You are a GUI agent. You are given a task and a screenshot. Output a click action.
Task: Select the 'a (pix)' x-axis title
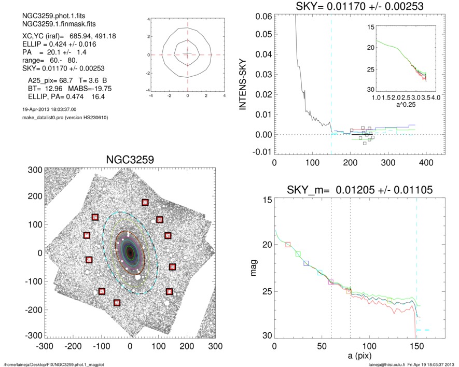pyautogui.click(x=354, y=357)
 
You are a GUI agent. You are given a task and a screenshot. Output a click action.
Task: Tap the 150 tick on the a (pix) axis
pyautogui.click(x=417, y=346)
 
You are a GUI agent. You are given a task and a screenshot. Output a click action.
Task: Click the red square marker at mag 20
pyautogui.click(x=288, y=244)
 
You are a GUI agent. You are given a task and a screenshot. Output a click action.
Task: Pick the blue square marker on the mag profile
pyautogui.click(x=306, y=263)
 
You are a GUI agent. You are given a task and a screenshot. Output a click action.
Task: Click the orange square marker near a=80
pyautogui.click(x=349, y=291)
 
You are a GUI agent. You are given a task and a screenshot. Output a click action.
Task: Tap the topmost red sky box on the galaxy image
pyautogui.click(x=145, y=202)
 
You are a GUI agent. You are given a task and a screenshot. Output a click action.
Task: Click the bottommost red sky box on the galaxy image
pyautogui.click(x=117, y=302)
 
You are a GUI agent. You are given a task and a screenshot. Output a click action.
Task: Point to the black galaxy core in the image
pyautogui.click(x=130, y=253)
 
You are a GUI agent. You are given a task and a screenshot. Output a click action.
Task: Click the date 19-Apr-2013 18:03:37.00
pyautogui.click(x=47, y=110)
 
